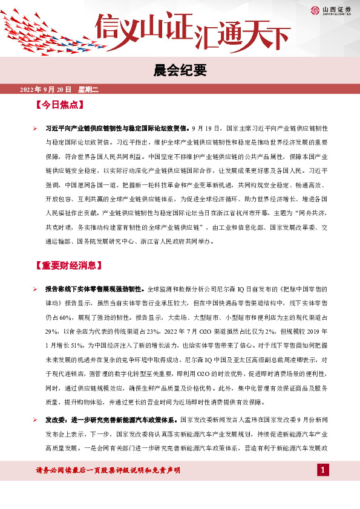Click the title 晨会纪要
coord(180,71)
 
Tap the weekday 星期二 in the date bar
coord(88,90)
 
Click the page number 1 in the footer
coord(324,470)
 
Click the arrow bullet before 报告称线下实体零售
coord(36,290)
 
